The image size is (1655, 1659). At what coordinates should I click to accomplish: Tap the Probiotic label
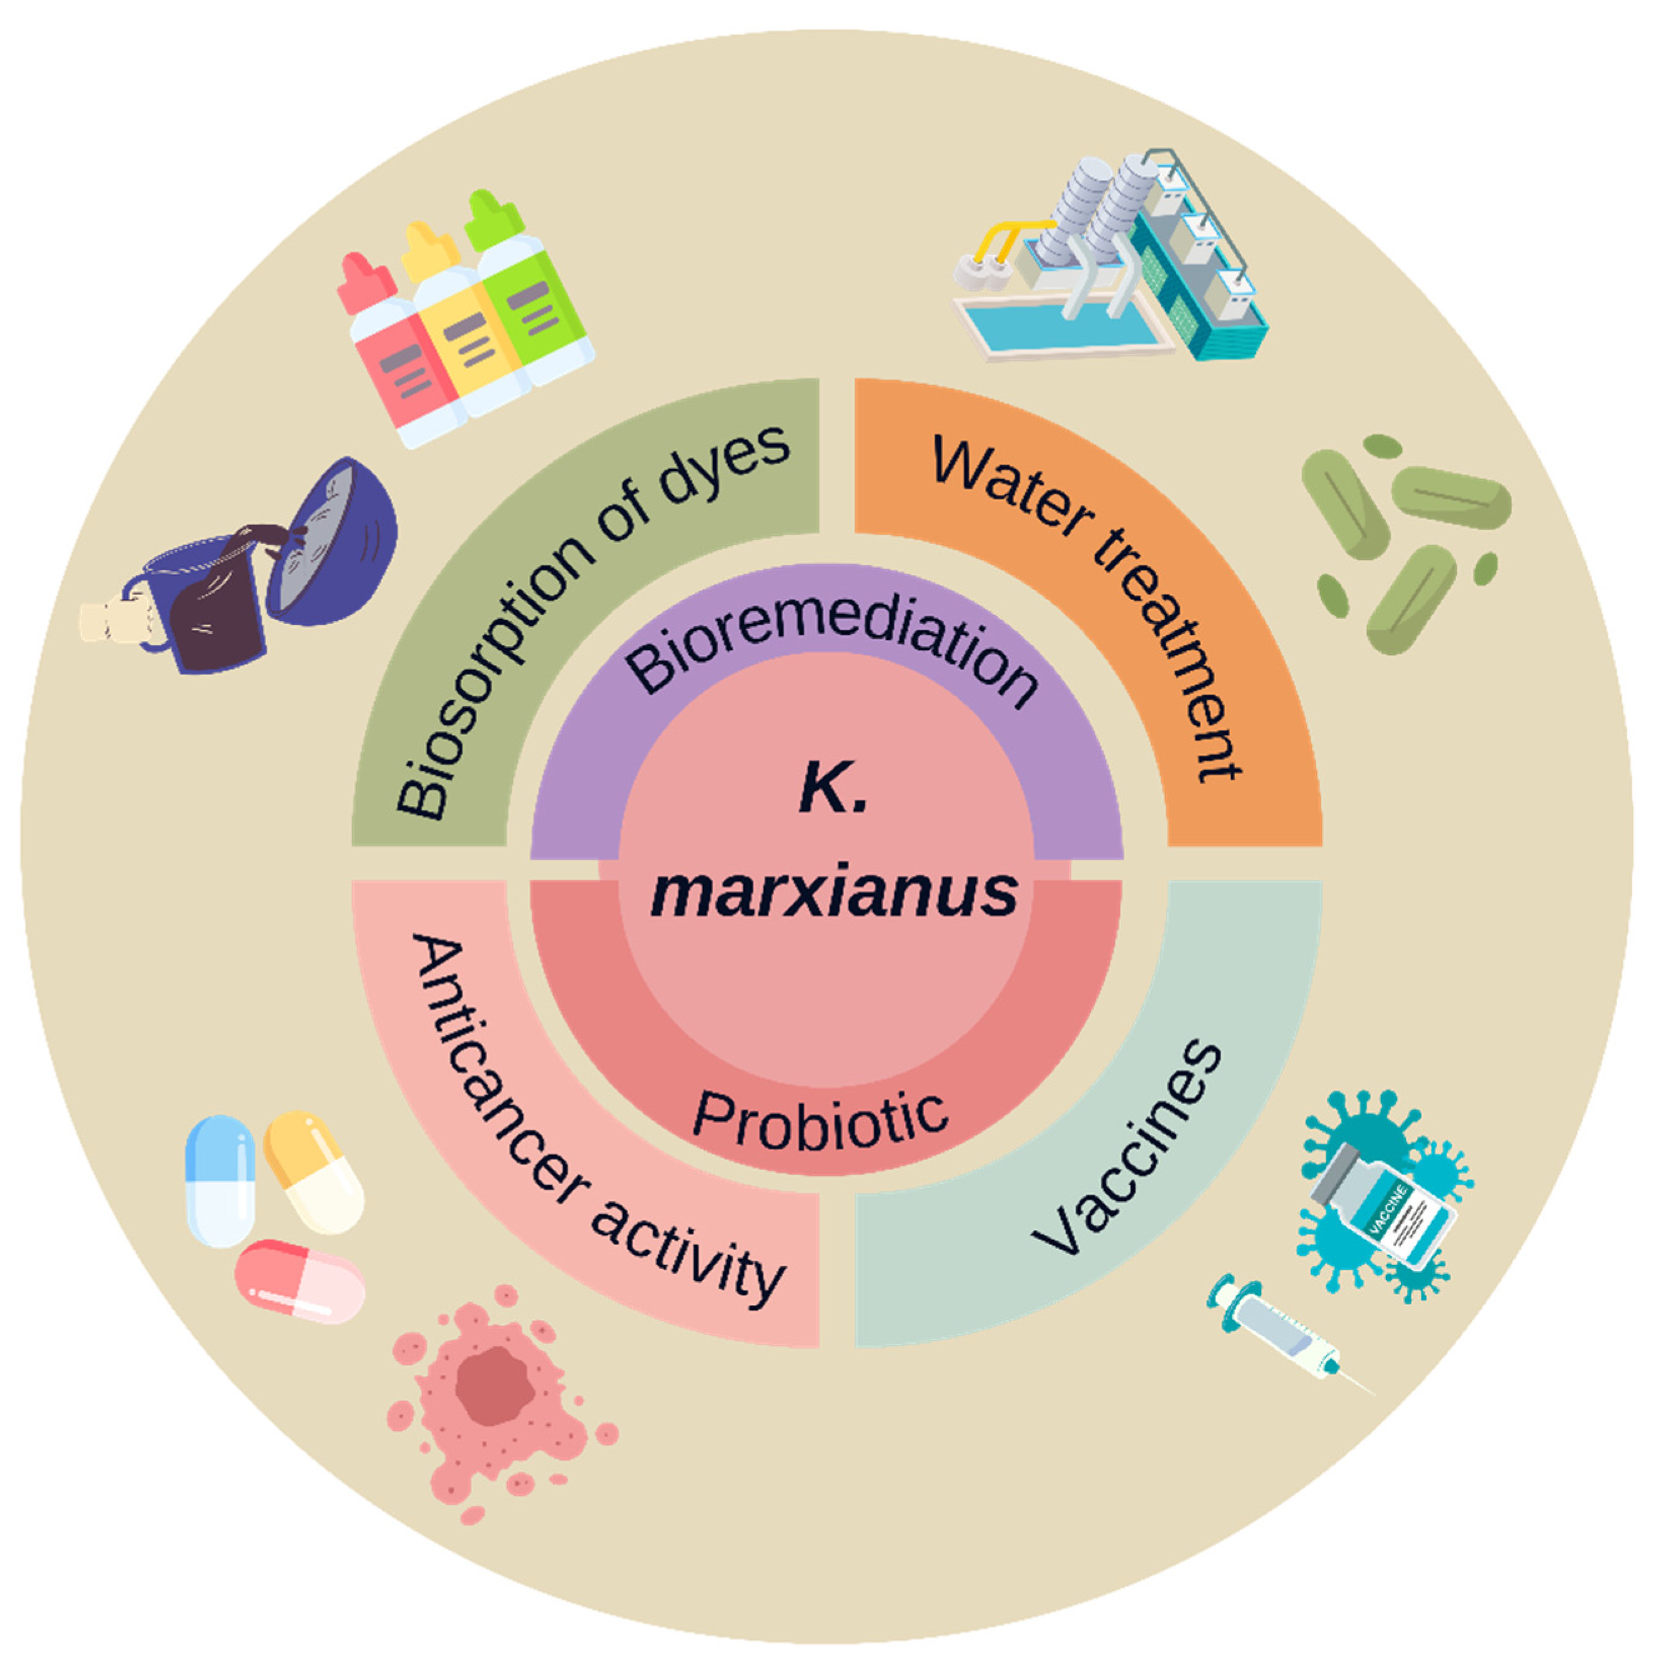[x=820, y=1121]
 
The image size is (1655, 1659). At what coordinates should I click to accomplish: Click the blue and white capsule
[x=220, y=1181]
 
